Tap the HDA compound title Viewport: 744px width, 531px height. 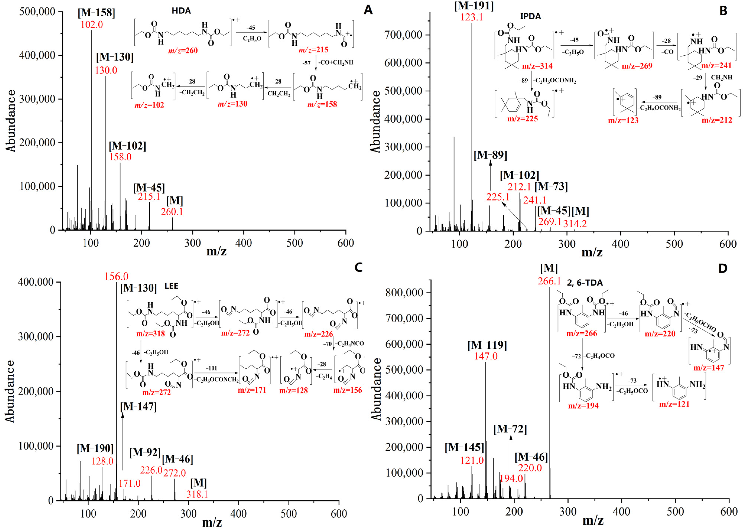[181, 11]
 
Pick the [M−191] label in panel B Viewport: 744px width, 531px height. [474, 6]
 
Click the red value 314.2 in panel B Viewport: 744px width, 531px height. [575, 224]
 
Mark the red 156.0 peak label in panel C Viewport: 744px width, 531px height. [116, 277]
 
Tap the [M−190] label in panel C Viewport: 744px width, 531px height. [95, 448]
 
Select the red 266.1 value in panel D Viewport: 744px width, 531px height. [549, 281]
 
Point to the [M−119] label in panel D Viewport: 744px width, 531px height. [487, 345]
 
